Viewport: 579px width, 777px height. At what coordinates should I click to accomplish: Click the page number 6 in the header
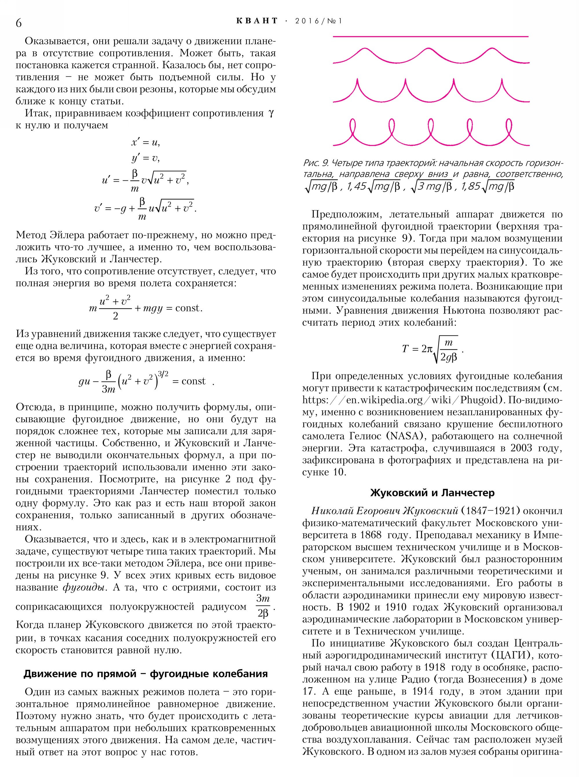(19, 23)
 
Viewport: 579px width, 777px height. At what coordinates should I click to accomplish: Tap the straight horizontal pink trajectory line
(430, 36)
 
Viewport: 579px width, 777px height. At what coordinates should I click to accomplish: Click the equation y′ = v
(145, 158)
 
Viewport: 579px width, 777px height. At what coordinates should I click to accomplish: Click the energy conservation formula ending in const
(145, 308)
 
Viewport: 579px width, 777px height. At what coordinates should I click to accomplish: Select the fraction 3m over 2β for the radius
(263, 606)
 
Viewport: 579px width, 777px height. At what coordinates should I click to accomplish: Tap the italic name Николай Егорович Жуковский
(385, 511)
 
